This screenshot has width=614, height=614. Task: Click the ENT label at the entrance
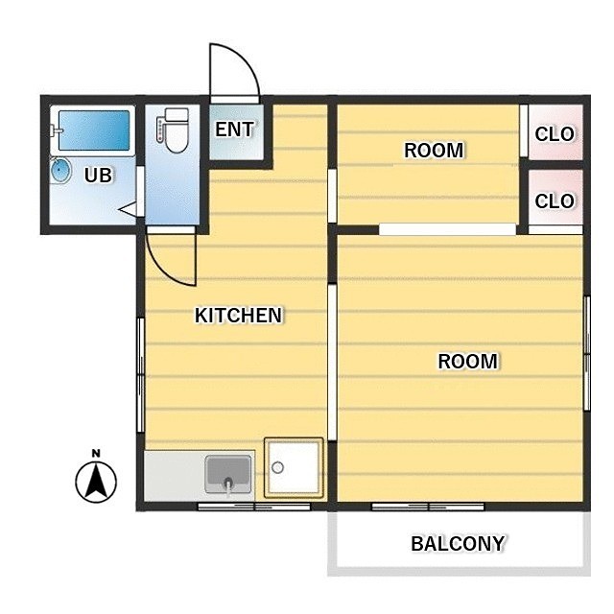pos(234,130)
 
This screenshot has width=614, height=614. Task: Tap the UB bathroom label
pos(98,175)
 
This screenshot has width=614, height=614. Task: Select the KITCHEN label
pos(238,316)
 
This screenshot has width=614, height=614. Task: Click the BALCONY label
pos(458,544)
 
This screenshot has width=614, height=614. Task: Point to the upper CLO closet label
pos(555,134)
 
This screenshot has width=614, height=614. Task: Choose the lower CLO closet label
pos(555,201)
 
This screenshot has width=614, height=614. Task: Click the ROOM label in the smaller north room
pos(434,151)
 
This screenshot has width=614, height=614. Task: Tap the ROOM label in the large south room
pos(467,361)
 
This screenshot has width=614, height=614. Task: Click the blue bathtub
pos(94,130)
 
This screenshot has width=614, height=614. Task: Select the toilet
pos(174,130)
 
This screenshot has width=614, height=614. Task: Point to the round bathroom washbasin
pos(60,171)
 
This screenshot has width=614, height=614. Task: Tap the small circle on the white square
pos(277,467)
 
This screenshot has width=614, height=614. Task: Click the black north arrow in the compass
pos(96,479)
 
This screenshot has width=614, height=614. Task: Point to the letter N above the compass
pos(96,454)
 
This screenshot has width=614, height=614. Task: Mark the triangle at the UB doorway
pos(128,210)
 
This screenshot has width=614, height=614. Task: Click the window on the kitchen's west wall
pos(141,375)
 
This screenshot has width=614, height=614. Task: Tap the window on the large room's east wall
pos(586,353)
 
